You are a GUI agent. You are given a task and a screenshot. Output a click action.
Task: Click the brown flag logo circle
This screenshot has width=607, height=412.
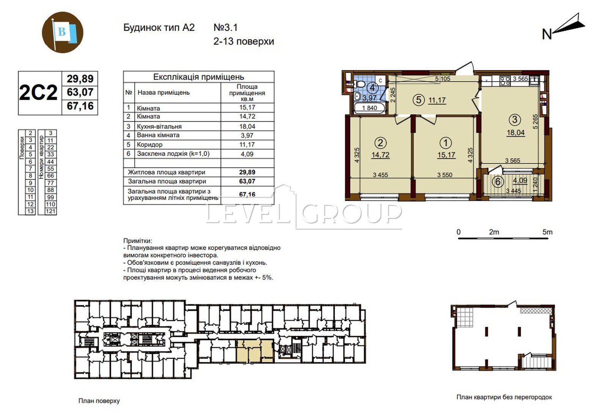63,32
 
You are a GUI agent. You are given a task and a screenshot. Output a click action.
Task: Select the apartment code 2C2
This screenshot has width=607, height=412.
38,93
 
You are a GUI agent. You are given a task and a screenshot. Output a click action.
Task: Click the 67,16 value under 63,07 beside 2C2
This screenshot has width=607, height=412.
80,106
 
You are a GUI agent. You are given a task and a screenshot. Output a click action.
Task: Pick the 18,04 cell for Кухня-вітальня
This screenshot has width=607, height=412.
247,126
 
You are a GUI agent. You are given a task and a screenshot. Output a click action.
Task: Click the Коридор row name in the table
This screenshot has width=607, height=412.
149,145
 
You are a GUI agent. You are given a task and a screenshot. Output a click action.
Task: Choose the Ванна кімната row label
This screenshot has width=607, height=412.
158,135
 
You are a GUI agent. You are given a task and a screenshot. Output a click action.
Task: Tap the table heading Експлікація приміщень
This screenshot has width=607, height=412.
199,77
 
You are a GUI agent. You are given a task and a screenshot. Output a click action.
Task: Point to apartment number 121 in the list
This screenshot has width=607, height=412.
50,211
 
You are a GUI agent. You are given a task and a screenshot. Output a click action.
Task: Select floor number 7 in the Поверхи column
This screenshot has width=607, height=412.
30,168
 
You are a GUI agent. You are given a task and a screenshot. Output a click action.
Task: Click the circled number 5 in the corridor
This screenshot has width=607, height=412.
419,100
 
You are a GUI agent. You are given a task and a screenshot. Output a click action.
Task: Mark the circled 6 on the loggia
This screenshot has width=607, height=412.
497,182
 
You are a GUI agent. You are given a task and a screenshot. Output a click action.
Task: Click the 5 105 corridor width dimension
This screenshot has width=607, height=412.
442,79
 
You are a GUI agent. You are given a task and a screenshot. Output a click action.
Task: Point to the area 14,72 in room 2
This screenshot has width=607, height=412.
381,155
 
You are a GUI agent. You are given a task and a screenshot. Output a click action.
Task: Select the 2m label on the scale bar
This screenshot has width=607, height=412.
494,232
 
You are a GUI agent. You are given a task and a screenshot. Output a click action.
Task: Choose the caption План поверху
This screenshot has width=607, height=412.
99,401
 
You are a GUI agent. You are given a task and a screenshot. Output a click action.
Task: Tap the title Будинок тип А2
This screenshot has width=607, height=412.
159,28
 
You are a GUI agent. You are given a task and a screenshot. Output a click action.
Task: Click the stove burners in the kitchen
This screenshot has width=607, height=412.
505,81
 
